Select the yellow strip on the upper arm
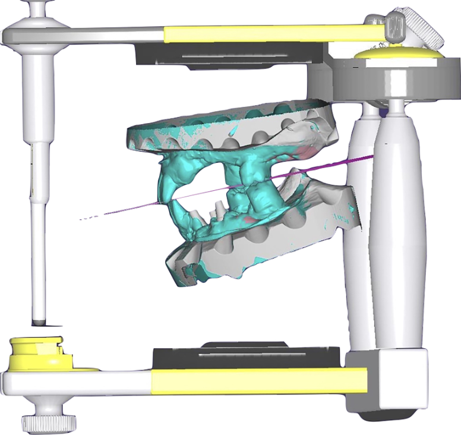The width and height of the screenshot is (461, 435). (x=267, y=33)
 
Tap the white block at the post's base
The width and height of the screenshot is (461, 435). (x=387, y=380)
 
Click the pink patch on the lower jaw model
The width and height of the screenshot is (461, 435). (x=253, y=220)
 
